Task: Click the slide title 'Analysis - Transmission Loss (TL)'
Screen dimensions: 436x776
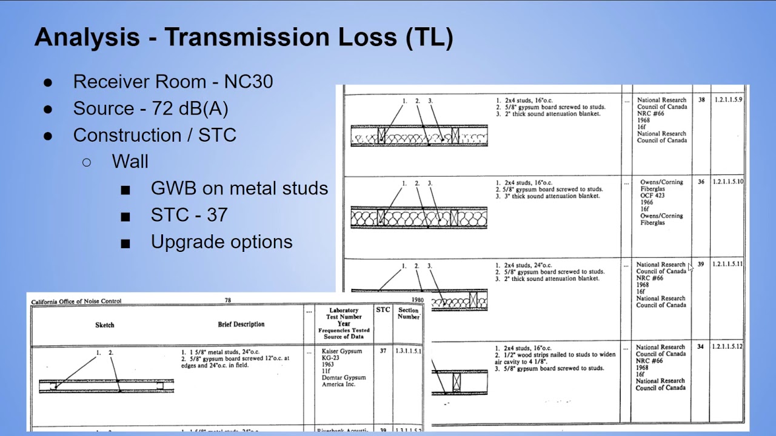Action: coord(244,38)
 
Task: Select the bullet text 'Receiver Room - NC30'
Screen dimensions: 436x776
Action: coord(173,82)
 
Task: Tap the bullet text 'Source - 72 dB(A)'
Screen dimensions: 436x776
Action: coord(150,108)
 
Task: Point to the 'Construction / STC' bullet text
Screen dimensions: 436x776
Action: coord(155,135)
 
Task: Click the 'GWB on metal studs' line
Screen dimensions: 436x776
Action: coord(239,188)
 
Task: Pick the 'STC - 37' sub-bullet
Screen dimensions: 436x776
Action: coord(189,215)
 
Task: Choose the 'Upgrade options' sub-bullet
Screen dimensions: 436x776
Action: coord(221,242)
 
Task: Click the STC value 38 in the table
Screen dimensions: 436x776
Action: coord(701,100)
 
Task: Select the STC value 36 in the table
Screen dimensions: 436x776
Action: coord(701,182)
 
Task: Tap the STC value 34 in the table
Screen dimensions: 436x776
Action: coord(701,347)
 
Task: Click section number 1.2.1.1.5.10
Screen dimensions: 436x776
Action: coord(727,182)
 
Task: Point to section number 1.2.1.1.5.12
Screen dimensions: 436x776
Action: coord(727,347)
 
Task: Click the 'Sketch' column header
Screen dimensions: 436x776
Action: coord(104,325)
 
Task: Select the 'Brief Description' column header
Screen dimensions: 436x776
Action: coord(241,325)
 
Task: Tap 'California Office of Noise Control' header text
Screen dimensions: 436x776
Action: coord(76,301)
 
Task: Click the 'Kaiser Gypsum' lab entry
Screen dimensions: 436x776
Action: coord(341,351)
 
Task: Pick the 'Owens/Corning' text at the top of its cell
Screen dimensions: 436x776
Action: coord(661,182)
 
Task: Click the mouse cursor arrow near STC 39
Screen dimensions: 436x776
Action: coord(691,268)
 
